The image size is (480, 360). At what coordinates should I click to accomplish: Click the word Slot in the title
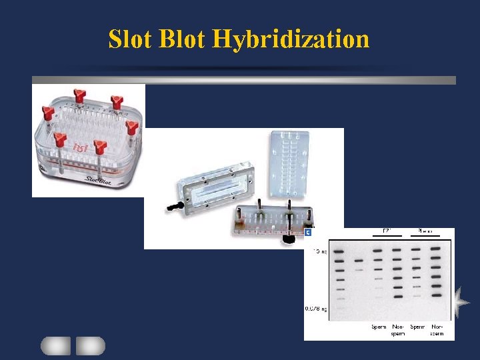(x=131, y=39)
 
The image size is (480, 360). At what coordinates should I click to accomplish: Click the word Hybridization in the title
(x=291, y=39)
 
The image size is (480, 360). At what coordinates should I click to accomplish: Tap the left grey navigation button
(x=55, y=345)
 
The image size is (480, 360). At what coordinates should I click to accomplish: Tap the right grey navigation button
(x=90, y=345)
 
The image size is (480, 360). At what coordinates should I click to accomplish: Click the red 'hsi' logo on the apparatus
(x=81, y=147)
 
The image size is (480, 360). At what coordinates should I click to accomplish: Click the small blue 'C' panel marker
(x=308, y=233)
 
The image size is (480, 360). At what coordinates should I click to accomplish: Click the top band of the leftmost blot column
(x=339, y=252)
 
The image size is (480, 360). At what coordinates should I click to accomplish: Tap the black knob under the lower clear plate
(x=289, y=237)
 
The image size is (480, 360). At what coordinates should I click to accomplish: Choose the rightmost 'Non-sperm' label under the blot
(x=437, y=330)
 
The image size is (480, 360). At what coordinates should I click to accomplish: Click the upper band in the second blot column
(x=359, y=260)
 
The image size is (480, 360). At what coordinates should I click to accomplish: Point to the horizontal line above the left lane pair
(x=387, y=235)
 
